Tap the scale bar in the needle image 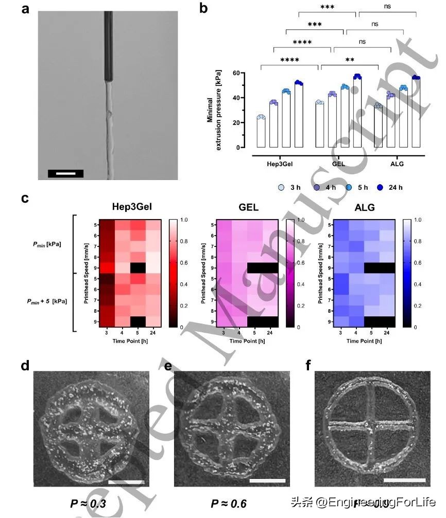pyautogui.click(x=65, y=173)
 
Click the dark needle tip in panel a pyautogui.click(x=109, y=46)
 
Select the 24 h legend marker pyautogui.click(x=378, y=187)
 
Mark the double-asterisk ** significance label pyautogui.click(x=350, y=60)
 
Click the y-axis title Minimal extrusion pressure pyautogui.click(x=214, y=110)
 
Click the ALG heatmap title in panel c pyautogui.click(x=365, y=207)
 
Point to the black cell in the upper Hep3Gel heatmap pyautogui.click(x=138, y=267)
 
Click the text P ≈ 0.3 pyautogui.click(x=88, y=503)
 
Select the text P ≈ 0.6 pyautogui.click(x=229, y=503)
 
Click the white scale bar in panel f pyautogui.click(x=405, y=480)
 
